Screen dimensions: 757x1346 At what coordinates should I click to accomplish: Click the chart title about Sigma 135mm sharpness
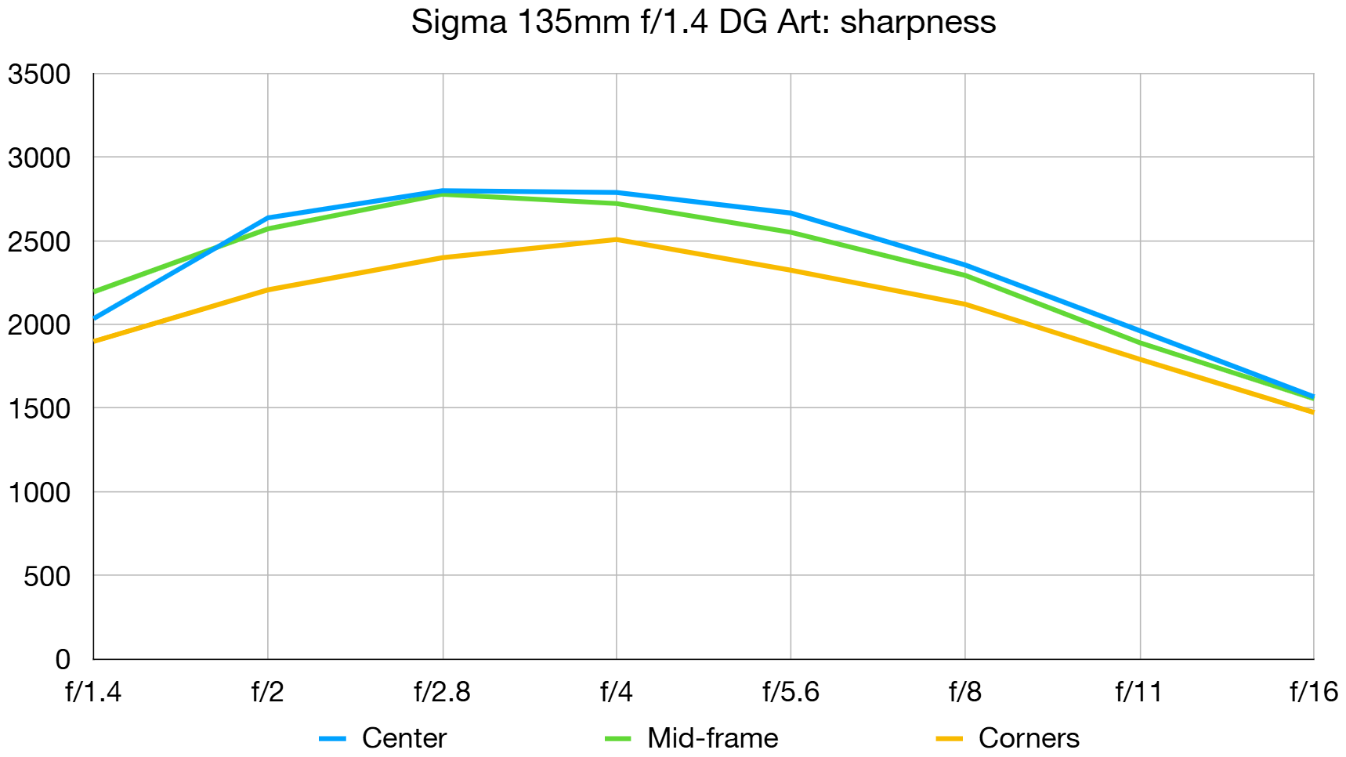[x=703, y=22]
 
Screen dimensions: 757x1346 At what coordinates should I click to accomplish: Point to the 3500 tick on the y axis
[x=39, y=74]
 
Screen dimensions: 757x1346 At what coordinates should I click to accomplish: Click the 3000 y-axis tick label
[x=39, y=158]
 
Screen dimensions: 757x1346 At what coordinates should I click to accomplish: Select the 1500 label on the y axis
[x=39, y=408]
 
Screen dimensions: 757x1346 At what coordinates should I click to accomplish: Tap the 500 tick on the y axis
[x=47, y=576]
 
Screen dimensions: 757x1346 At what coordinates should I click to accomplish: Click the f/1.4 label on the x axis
[x=93, y=692]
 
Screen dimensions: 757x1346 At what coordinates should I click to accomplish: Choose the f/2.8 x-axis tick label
[x=442, y=692]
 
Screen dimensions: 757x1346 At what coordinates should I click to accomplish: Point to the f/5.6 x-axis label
[x=791, y=692]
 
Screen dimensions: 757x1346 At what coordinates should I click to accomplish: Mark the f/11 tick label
[x=1138, y=692]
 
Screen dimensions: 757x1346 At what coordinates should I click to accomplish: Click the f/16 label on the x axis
[x=1313, y=692]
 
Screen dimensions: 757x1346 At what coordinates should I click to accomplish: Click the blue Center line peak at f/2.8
[x=443, y=190]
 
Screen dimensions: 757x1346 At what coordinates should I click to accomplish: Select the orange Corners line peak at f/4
[x=617, y=240]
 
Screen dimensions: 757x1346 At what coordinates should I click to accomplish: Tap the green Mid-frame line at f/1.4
[x=95, y=292]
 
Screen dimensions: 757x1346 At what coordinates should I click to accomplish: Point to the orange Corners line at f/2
[x=268, y=290]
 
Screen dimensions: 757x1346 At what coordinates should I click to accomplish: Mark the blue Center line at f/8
[x=965, y=265]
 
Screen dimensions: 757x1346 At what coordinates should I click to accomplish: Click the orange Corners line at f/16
[x=1312, y=412]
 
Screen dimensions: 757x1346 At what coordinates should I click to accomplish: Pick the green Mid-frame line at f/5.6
[x=791, y=232]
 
